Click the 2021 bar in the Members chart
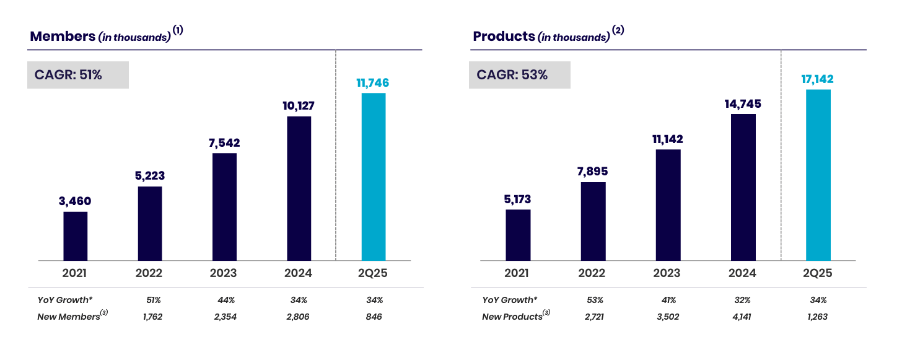click(x=76, y=236)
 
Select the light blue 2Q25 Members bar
click(x=374, y=177)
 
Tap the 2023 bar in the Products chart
click(x=668, y=204)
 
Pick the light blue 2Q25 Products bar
click(x=818, y=175)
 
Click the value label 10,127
click(x=299, y=106)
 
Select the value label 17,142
click(x=818, y=79)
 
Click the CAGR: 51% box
click(x=78, y=75)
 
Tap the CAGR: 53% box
click(x=519, y=75)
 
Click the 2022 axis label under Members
click(x=149, y=273)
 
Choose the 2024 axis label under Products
click(x=743, y=273)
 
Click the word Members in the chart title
click(x=62, y=36)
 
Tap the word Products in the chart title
click(x=504, y=36)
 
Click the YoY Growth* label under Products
click(x=510, y=300)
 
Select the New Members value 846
click(x=374, y=317)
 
